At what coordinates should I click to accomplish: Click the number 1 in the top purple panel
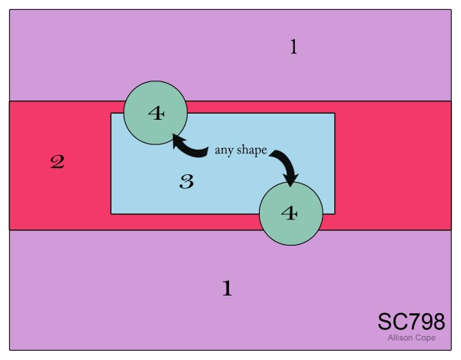[x=293, y=48]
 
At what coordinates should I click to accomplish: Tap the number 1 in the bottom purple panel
[x=227, y=289]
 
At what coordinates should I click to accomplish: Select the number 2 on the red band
[x=57, y=162]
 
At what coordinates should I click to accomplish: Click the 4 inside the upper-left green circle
[x=156, y=114]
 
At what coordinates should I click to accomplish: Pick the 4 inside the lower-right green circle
[x=290, y=213]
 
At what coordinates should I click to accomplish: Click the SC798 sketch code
[x=410, y=322]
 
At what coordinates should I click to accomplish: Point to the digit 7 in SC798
[x=412, y=322]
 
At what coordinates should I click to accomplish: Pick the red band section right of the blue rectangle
[x=392, y=165]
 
